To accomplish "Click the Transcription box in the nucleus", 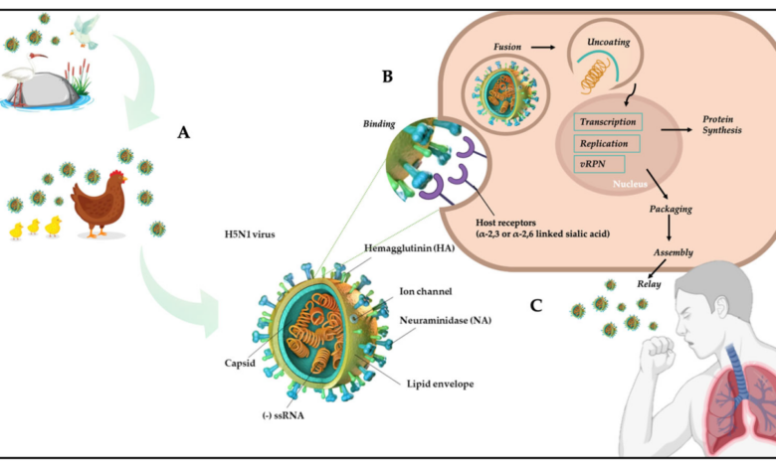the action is (608, 122).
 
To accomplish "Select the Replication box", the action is (606, 144).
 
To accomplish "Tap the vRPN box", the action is (599, 164).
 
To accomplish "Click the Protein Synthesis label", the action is (722, 124).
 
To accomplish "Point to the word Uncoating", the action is (608, 42).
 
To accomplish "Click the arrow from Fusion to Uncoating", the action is (543, 48).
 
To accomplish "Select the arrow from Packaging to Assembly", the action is (670, 228).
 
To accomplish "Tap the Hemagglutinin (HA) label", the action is (409, 248).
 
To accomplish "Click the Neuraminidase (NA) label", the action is (446, 320).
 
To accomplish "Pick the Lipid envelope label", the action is (440, 384).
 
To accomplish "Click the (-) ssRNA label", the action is (284, 415).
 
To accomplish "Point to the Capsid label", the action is (240, 364).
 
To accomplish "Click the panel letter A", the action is (184, 132).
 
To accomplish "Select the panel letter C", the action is (536, 306).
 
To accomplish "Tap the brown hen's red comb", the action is (116, 174).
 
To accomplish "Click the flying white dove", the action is (86, 32).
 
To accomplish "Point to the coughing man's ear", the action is (722, 307).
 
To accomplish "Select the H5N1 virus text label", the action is (250, 234).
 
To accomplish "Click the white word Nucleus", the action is (630, 184).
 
